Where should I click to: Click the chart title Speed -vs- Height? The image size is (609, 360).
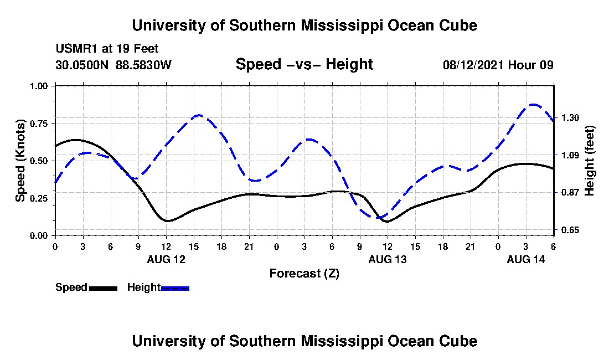coord(304,64)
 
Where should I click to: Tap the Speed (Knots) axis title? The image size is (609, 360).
coord(20,160)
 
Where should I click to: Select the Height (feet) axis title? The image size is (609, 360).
coord(589,160)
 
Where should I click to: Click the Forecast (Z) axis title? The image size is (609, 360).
coord(304,273)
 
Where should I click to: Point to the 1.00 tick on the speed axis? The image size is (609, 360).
coord(40,86)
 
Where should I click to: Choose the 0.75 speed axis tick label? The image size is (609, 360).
coord(40,123)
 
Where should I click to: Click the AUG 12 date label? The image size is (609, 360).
coord(166,259)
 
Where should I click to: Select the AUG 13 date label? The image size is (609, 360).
coord(387,259)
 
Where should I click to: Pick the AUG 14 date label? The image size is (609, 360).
coord(526,259)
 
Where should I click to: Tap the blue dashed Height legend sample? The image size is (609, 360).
coord(175,288)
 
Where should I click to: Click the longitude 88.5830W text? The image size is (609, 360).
coord(144,65)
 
